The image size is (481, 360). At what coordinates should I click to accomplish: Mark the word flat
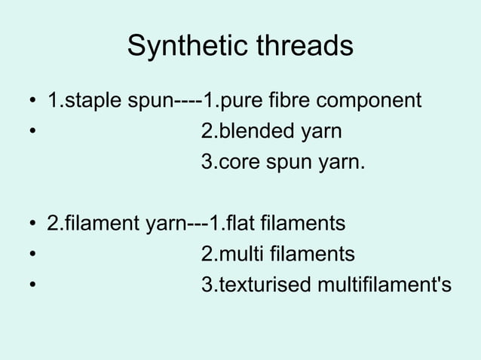(x=240, y=224)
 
